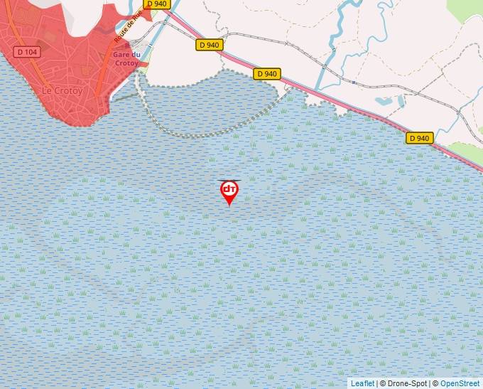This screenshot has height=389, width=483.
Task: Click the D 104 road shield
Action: [x=28, y=52]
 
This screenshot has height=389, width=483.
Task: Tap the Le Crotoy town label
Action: [x=63, y=91]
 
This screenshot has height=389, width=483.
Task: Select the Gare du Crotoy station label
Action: [x=126, y=58]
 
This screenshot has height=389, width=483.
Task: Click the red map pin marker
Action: [x=229, y=190]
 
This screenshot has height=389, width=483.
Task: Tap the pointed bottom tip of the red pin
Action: [x=229, y=206]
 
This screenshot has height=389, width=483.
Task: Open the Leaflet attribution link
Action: [x=362, y=383]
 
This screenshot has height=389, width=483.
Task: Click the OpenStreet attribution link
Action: [x=460, y=383]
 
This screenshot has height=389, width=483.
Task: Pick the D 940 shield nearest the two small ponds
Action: [x=420, y=138]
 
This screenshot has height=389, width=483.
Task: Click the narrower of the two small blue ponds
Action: [x=401, y=101]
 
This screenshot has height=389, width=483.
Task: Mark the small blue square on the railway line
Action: [x=353, y=82]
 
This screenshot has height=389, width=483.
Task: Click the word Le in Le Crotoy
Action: [x=48, y=91]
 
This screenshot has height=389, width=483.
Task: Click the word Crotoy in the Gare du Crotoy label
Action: [x=126, y=63]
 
